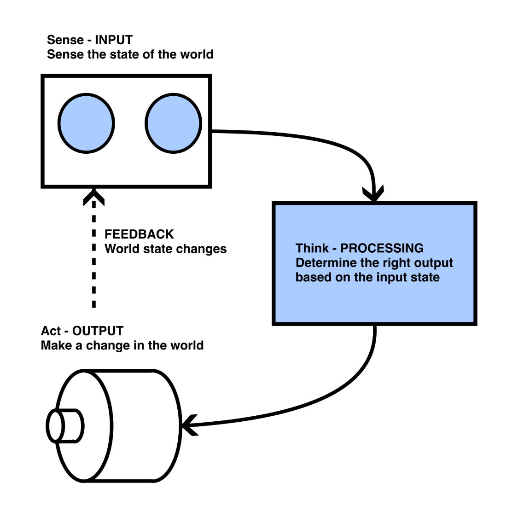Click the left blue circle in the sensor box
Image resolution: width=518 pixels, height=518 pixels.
86,123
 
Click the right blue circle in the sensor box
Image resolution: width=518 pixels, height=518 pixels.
174,123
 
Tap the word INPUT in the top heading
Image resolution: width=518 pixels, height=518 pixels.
114,40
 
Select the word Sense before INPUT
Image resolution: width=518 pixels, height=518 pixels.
65,40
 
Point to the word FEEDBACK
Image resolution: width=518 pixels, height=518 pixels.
139,234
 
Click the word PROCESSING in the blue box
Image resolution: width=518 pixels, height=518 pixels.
382,248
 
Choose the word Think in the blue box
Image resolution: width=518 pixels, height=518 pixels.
312,248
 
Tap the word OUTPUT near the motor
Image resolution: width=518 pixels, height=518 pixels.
98,331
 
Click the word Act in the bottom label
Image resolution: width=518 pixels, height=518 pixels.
51,331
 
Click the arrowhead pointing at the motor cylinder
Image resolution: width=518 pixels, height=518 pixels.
188,425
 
